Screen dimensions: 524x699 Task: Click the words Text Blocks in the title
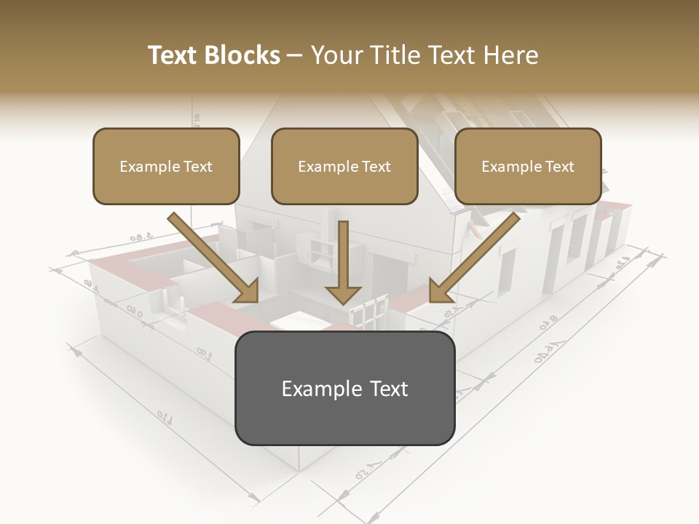(x=214, y=55)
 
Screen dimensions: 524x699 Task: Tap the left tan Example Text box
(x=166, y=166)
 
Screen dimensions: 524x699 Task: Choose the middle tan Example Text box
(x=344, y=166)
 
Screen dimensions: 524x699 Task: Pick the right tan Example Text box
(x=528, y=166)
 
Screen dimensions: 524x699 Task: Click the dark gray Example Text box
(x=344, y=388)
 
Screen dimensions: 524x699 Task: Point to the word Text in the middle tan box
(x=376, y=167)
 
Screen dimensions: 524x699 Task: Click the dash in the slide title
(x=295, y=55)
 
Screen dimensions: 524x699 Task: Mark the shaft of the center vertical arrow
(x=343, y=251)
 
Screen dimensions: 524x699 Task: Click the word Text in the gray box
(x=386, y=389)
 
